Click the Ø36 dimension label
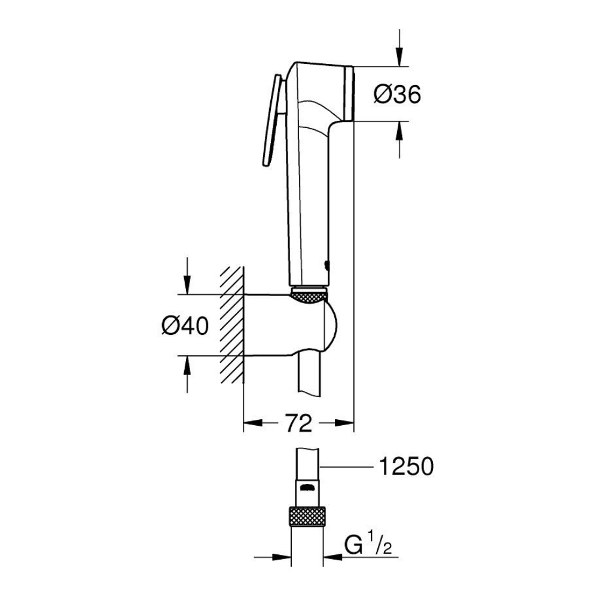coord(397,94)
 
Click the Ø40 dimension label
coord(185,326)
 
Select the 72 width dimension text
coord(298,423)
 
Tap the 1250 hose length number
coord(407,466)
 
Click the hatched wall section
coord(231,324)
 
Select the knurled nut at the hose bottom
coord(307,517)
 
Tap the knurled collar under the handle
coord(309,295)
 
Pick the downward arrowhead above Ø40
coord(187,285)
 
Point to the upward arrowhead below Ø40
coord(187,366)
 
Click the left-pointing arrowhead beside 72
coord(254,423)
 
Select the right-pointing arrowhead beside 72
coord(344,423)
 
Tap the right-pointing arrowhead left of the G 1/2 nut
coord(281,557)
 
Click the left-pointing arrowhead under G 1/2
coord(333,557)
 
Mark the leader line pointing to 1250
coord(346,466)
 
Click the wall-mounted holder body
coord(291,325)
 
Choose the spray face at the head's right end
coord(349,94)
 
